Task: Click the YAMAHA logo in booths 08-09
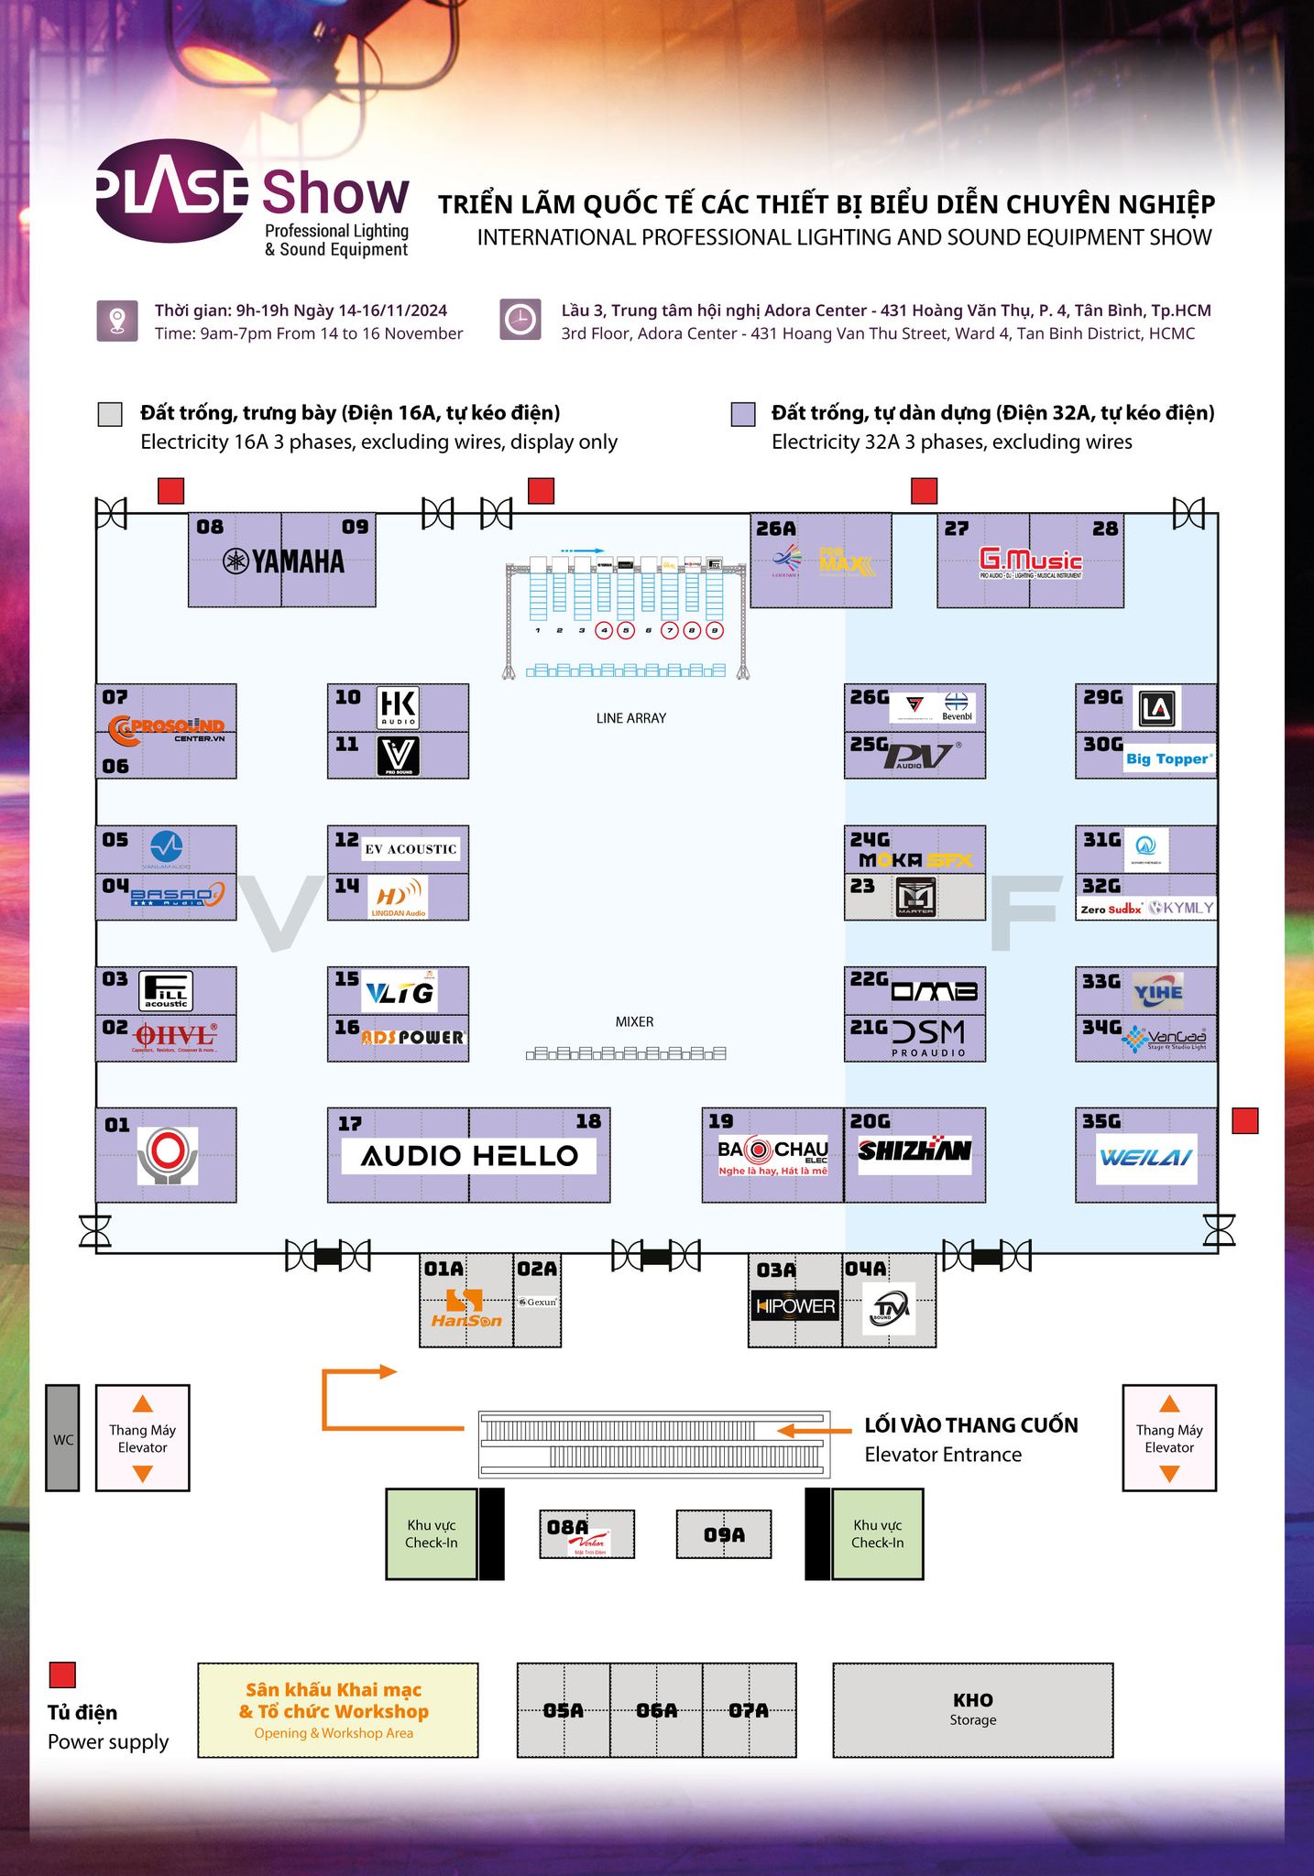tap(283, 562)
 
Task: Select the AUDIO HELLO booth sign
tap(469, 1155)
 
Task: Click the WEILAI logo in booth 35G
tap(1145, 1156)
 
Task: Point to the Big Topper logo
tap(1168, 758)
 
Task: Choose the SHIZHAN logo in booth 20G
tap(914, 1150)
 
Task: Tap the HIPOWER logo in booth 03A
tap(795, 1305)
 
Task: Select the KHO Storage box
tap(972, 1710)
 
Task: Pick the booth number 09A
tap(724, 1533)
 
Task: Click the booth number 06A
tap(656, 1710)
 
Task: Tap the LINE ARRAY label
tap(630, 718)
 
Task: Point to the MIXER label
tap(634, 1021)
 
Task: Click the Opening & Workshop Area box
tap(337, 1710)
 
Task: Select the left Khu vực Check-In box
tap(431, 1533)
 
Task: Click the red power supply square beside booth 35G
tap(1244, 1120)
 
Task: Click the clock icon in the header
tap(520, 321)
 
